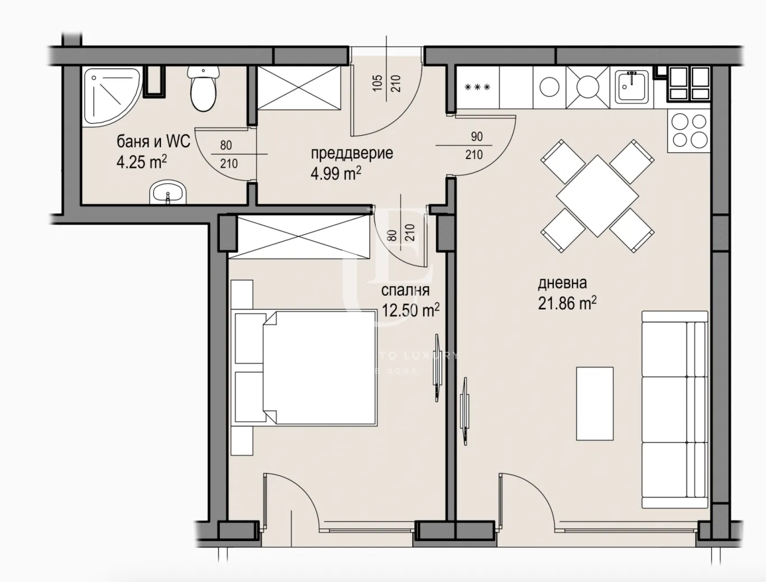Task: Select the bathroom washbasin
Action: (x=167, y=193)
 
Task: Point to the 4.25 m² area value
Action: (x=141, y=162)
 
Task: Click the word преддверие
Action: (x=352, y=153)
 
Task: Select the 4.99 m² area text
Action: (x=335, y=173)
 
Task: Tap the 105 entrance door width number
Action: (x=377, y=83)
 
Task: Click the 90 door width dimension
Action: (x=477, y=137)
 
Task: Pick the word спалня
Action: (x=405, y=290)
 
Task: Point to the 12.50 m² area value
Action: (x=410, y=310)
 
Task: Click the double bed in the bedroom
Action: (x=311, y=367)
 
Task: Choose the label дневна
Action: (x=562, y=283)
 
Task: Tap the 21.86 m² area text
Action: (x=567, y=303)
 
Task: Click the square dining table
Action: (x=597, y=196)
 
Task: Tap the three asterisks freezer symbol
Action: (x=478, y=87)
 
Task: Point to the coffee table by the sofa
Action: (x=594, y=403)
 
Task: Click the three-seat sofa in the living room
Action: (x=675, y=410)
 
